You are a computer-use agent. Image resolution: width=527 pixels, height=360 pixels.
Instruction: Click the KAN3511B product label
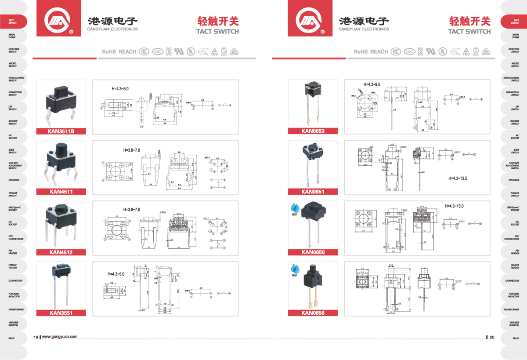coord(61,131)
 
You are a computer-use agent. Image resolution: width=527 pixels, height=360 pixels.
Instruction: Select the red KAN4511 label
coord(61,191)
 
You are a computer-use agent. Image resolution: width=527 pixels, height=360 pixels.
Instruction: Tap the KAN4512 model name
coord(61,252)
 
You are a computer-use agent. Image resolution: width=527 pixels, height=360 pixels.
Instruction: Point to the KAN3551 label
coord(61,313)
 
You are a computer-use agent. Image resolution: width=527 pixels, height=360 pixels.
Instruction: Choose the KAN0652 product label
coord(313,131)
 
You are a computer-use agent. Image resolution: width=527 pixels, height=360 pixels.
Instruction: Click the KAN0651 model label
coord(313,191)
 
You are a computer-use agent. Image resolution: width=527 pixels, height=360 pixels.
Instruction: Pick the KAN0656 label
coord(313,252)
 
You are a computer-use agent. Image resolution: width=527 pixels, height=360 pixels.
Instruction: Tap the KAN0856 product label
coord(313,313)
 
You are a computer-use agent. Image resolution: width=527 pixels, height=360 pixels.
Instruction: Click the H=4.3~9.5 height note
coord(372,84)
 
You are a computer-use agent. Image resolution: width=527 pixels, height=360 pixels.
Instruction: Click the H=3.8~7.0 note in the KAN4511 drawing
coord(131,150)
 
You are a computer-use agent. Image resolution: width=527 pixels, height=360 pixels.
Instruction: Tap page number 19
coord(36,337)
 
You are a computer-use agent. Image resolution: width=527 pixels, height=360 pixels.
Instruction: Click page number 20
coord(492,337)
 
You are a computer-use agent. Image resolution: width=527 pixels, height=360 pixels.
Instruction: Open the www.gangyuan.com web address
coord(60,337)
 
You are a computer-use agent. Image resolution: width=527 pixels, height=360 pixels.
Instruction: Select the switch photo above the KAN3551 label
coord(61,286)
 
